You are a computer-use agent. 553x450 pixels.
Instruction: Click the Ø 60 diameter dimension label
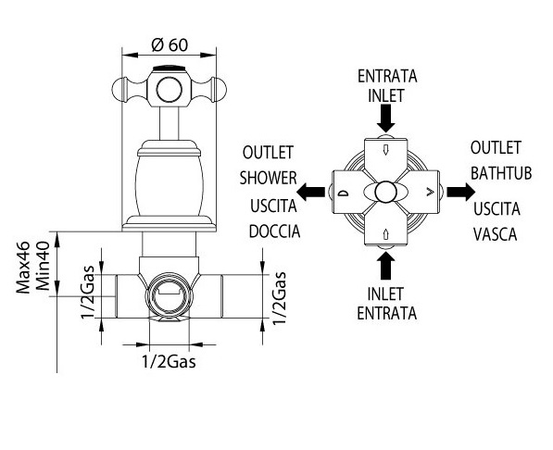coord(170,44)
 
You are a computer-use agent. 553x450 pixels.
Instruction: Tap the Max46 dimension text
coord(23,268)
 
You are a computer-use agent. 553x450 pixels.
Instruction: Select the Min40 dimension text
coord(43,266)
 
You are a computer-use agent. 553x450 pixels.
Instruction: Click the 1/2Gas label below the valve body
coord(169,361)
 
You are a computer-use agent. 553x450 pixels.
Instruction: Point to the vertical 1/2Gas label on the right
coord(279,298)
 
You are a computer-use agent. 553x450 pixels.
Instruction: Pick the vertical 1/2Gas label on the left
coord(88,292)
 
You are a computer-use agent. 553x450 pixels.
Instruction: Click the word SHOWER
coord(268,178)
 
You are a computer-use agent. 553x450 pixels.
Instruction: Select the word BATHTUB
coord(501,173)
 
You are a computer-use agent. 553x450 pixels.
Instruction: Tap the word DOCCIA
coord(274,231)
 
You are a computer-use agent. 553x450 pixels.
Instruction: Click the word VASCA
coord(495,234)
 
